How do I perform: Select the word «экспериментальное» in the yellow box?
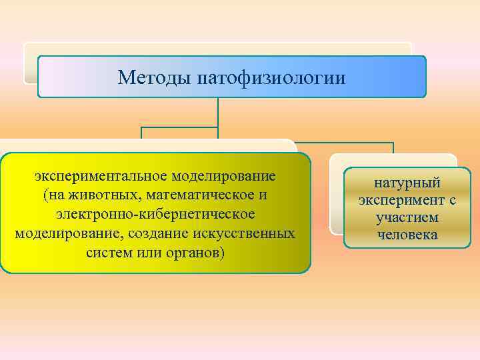point(101,177)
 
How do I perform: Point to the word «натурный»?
point(407,183)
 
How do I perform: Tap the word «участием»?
point(407,217)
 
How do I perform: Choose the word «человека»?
point(407,235)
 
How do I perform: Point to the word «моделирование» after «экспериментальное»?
point(224,177)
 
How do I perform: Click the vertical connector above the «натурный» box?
point(393,148)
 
